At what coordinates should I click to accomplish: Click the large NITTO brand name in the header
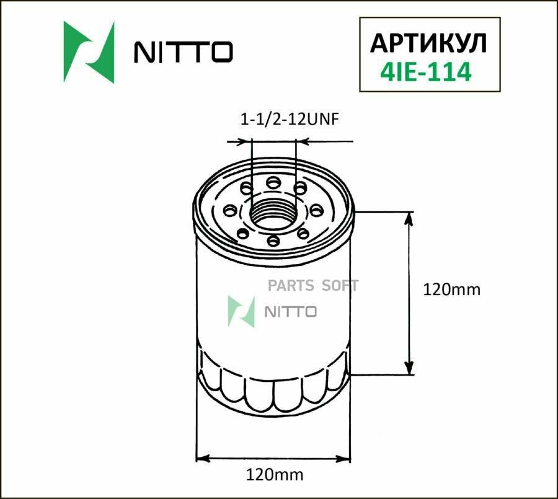184,52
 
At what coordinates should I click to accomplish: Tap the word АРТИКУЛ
428,43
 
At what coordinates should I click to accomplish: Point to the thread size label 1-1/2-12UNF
289,120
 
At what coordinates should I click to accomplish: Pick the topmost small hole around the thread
273,182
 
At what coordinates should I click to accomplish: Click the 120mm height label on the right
451,289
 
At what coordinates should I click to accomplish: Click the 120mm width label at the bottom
274,475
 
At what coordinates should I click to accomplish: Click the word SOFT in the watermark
340,286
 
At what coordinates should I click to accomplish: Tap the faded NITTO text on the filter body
291,311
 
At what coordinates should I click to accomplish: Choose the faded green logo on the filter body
242,311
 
